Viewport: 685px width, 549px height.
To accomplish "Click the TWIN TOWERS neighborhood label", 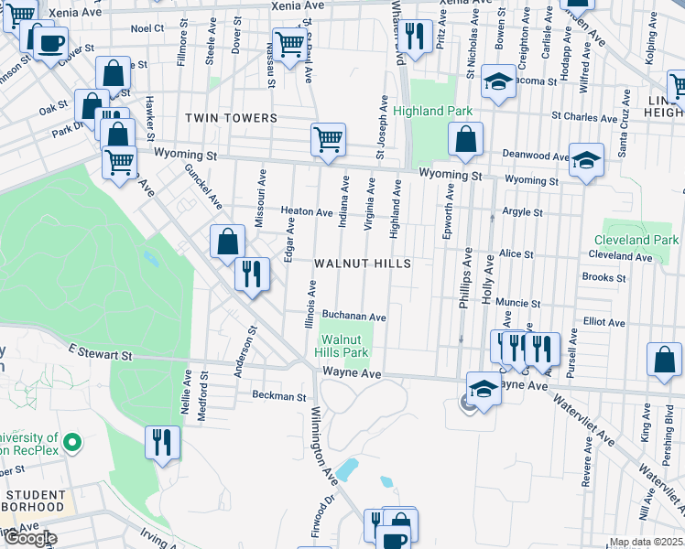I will [231, 118].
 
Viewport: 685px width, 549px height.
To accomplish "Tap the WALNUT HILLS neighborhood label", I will [362, 263].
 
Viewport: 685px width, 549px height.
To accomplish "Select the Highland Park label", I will [433, 112].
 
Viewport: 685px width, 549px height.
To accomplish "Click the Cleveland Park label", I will [641, 241].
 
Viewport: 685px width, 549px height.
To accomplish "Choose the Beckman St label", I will [279, 397].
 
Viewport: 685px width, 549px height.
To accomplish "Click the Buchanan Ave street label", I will [353, 317].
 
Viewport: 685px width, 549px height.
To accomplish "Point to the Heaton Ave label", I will [306, 211].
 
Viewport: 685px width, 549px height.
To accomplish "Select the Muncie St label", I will [518, 302].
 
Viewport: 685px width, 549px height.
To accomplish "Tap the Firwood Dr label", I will [321, 518].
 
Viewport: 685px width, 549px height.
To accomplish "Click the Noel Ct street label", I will [147, 28].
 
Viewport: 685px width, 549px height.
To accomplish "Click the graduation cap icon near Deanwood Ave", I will [586, 157].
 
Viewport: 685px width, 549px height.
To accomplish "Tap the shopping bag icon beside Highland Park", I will [465, 140].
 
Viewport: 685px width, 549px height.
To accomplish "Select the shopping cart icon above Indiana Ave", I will [328, 139].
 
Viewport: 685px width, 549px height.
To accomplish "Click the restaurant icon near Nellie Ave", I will [162, 442].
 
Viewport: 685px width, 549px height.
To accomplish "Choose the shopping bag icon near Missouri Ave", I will [227, 242].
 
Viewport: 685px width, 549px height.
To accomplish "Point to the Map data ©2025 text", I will [646, 542].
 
